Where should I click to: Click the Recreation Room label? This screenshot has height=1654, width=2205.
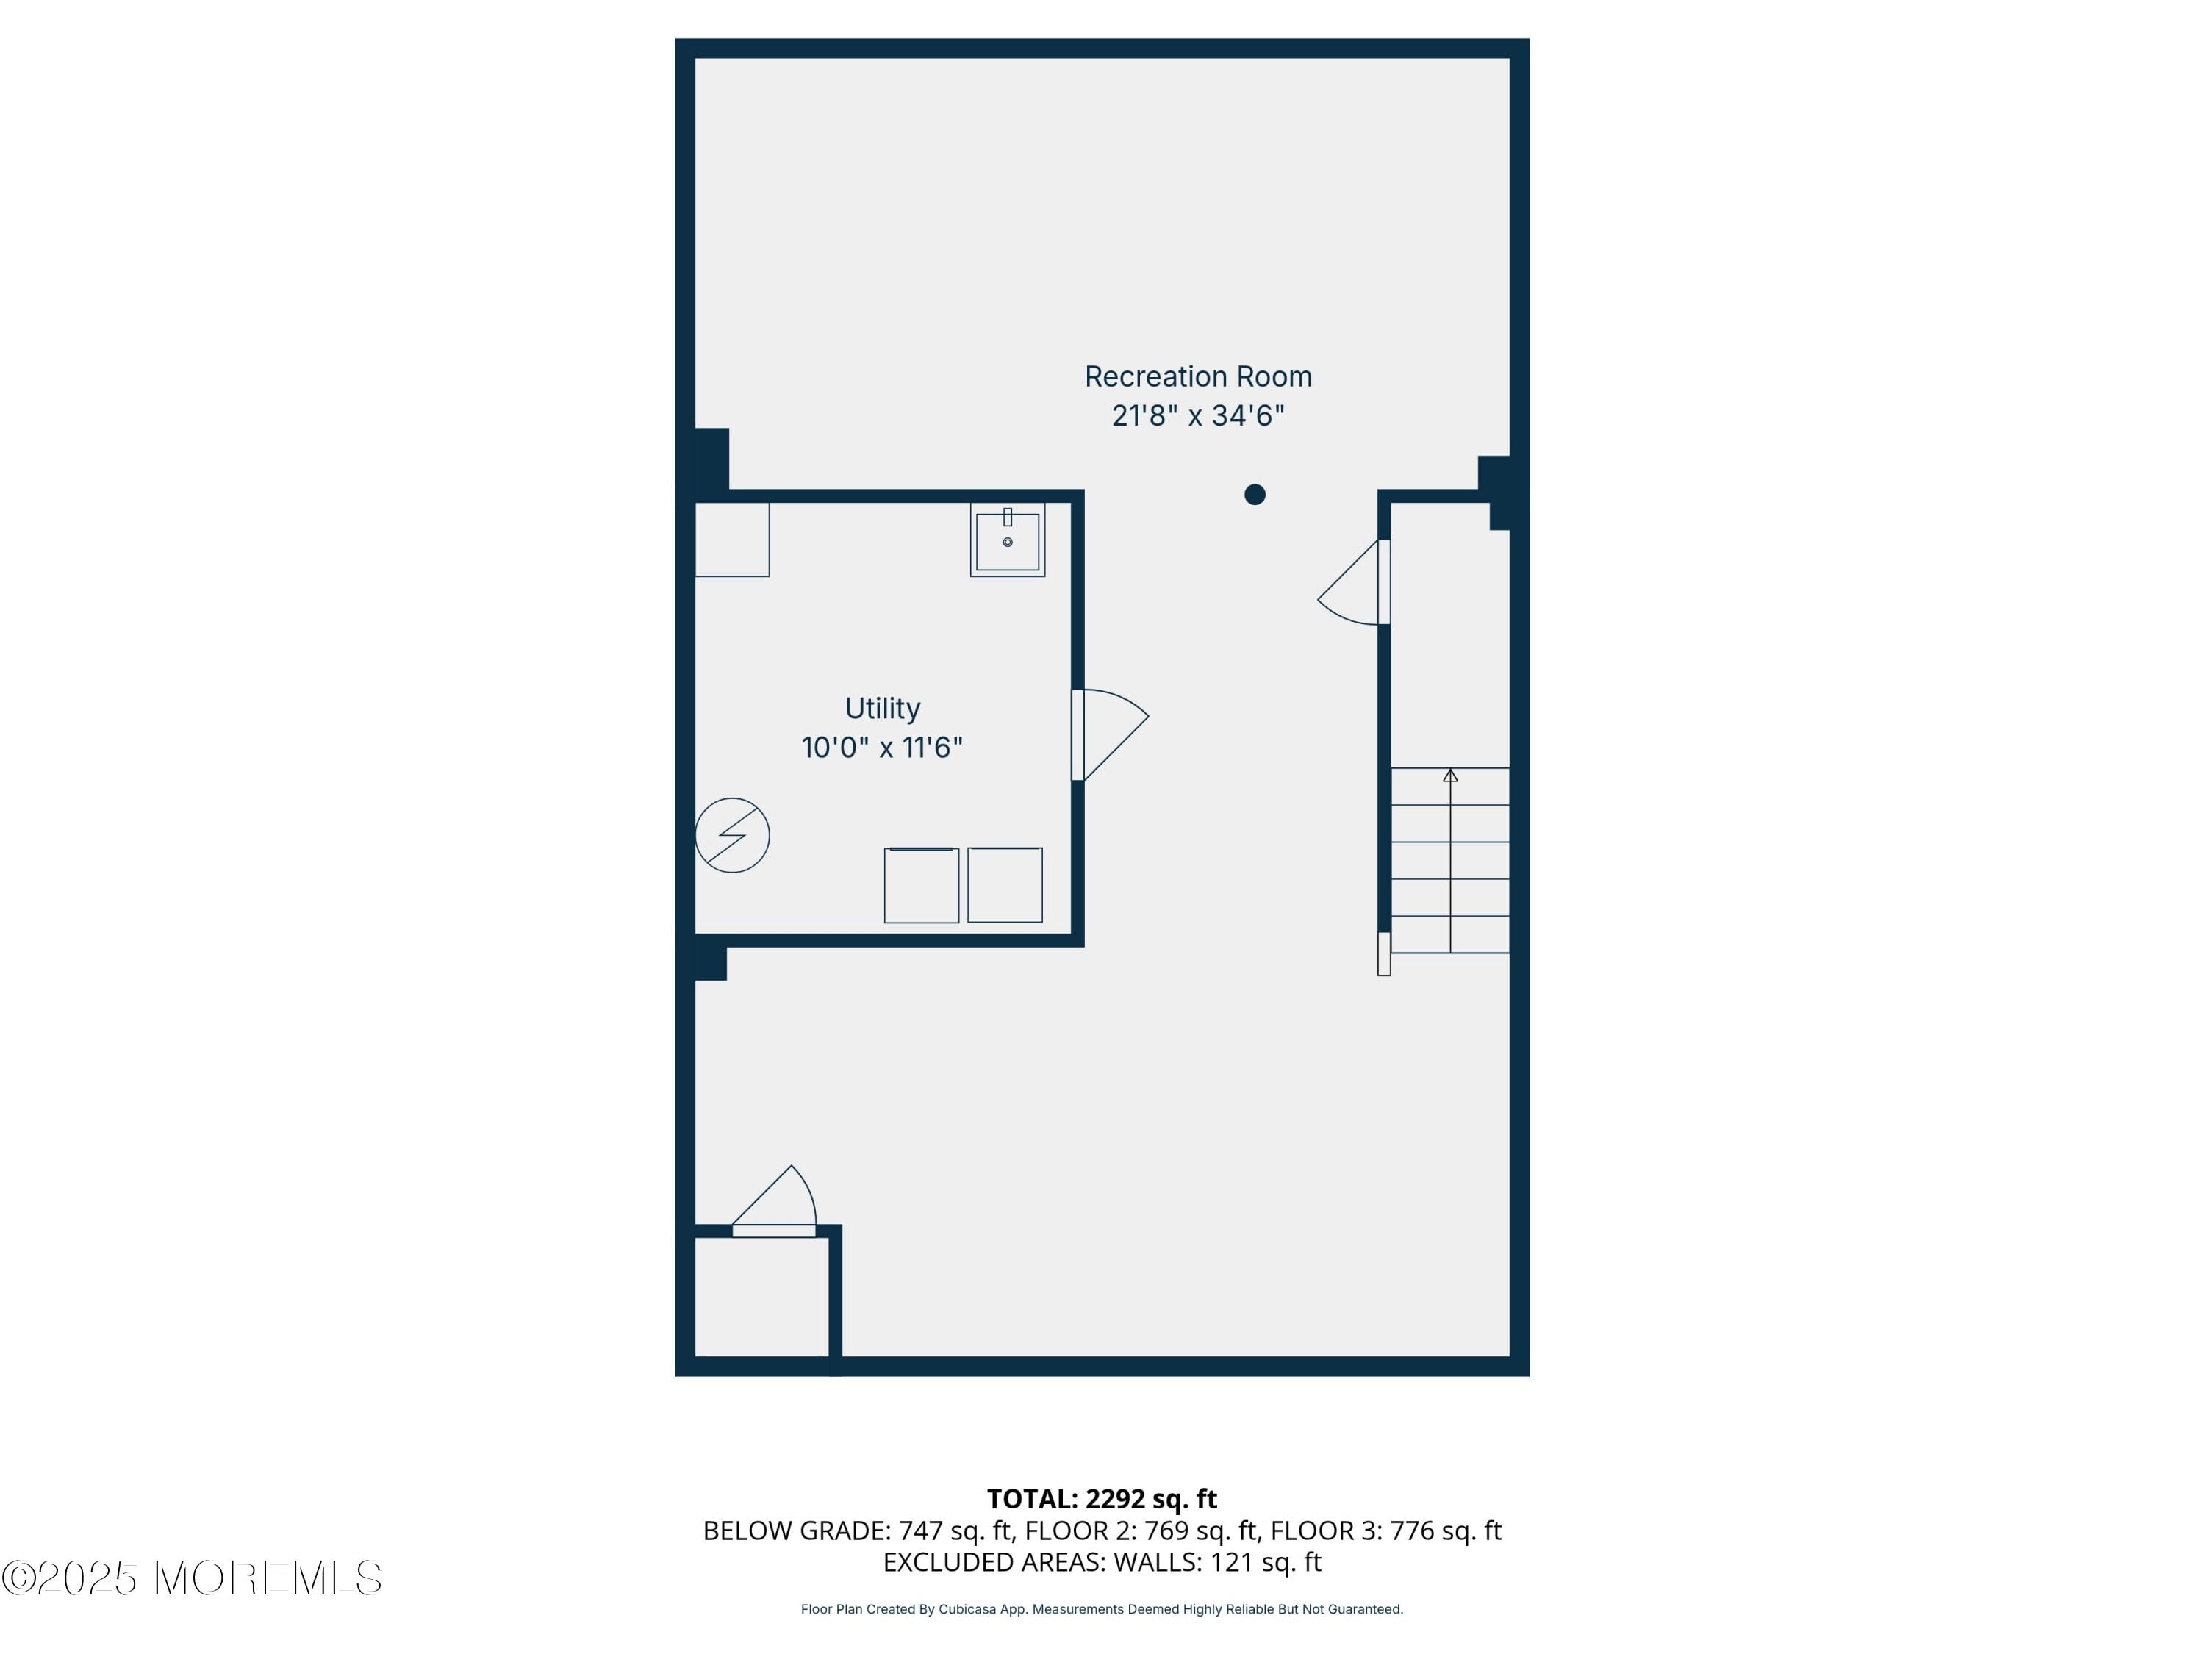coord(1197,377)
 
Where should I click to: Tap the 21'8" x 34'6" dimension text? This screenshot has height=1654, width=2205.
coord(1197,416)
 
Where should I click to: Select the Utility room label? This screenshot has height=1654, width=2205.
coord(882,708)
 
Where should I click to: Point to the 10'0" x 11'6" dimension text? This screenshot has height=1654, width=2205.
coord(882,748)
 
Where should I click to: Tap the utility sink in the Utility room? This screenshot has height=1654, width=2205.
coord(1007,540)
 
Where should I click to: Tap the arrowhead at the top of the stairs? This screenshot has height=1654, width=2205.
coord(1449,776)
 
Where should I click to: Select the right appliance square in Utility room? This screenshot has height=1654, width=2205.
coord(1005,885)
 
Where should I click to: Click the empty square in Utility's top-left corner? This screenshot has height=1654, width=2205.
coord(731,540)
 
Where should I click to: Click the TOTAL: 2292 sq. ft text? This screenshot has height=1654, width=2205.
coord(1102,1500)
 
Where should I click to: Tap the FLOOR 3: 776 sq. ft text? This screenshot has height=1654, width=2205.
coord(1385,1531)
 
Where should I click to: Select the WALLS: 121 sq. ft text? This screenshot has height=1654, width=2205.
coord(1216,1562)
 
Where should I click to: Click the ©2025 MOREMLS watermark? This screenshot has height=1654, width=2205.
coord(191,1578)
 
